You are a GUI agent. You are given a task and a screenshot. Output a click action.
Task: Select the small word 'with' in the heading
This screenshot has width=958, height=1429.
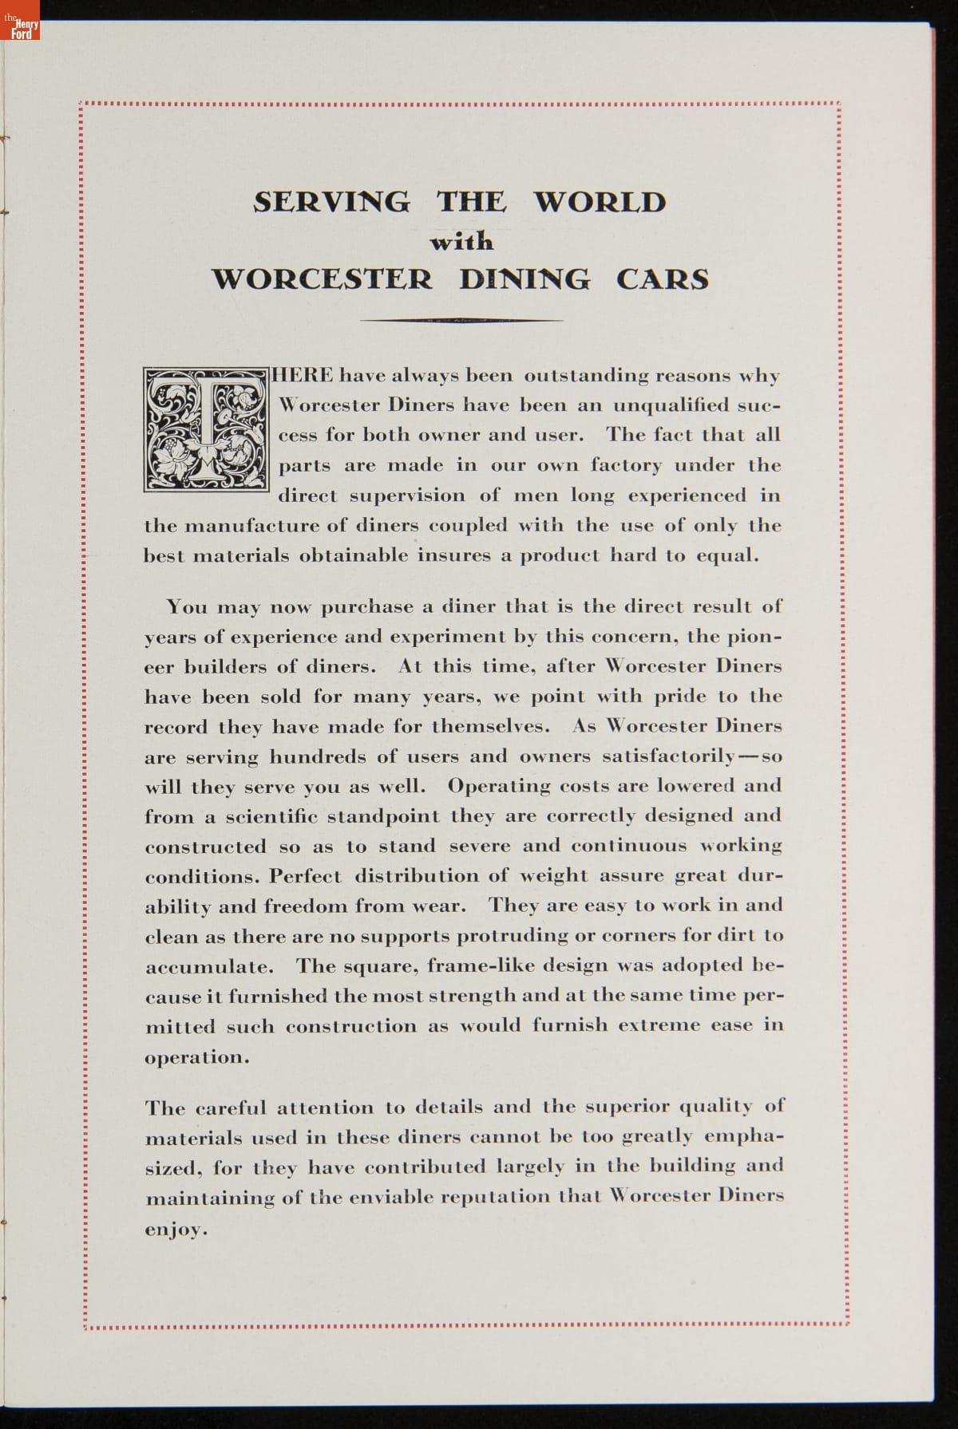click(x=461, y=241)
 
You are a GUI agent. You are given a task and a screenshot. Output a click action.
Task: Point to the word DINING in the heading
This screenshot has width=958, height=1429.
click(x=525, y=279)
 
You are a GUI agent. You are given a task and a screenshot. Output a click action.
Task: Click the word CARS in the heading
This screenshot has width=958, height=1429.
click(x=662, y=279)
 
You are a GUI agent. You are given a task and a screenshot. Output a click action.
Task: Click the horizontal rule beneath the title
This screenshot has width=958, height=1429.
click(x=461, y=321)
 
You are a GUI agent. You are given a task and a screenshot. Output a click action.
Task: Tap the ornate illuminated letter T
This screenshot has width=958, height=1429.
click(x=205, y=428)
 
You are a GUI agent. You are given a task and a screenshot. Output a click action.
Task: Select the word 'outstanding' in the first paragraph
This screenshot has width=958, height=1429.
click(x=586, y=376)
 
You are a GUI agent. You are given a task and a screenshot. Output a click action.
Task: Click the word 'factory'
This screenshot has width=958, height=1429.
click(x=627, y=466)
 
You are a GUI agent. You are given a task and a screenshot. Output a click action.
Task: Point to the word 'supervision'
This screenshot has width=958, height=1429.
click(x=407, y=496)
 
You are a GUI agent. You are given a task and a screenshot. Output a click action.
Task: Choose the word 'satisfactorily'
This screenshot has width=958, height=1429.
click(x=668, y=757)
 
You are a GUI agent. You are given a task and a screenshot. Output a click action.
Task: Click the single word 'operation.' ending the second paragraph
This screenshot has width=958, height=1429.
click(x=197, y=1058)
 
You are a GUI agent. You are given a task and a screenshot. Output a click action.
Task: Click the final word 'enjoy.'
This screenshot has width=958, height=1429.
click(x=176, y=1230)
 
